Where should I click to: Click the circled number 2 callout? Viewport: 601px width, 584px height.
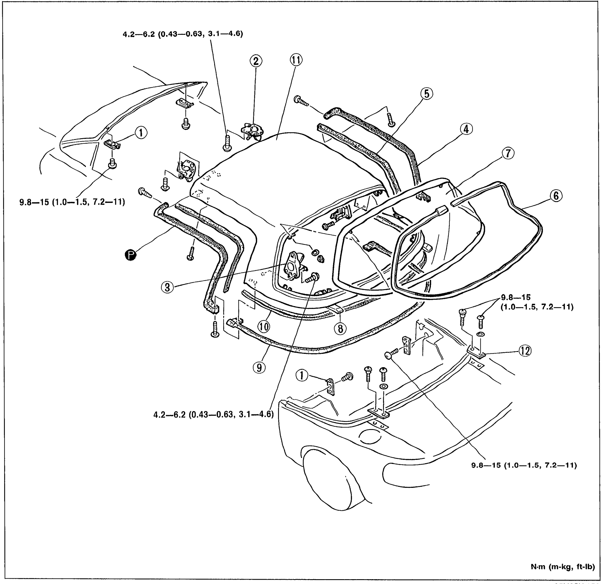(x=256, y=61)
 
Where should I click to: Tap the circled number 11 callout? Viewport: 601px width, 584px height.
(x=296, y=60)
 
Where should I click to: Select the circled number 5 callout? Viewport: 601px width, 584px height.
(x=427, y=94)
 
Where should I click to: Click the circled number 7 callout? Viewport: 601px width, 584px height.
(x=508, y=153)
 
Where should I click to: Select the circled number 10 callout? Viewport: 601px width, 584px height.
(x=264, y=327)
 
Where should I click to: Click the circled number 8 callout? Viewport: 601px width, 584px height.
(x=340, y=329)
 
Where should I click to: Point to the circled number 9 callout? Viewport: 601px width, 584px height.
(x=259, y=367)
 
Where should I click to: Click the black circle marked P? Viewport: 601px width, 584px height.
(x=131, y=255)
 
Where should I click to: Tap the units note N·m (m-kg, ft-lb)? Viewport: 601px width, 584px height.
(x=563, y=567)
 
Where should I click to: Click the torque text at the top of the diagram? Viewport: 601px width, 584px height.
(x=183, y=34)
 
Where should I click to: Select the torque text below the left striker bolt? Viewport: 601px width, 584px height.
(x=72, y=202)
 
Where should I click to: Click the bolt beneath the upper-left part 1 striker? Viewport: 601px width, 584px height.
(x=112, y=163)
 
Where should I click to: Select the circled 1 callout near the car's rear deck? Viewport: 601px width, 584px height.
(x=302, y=375)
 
